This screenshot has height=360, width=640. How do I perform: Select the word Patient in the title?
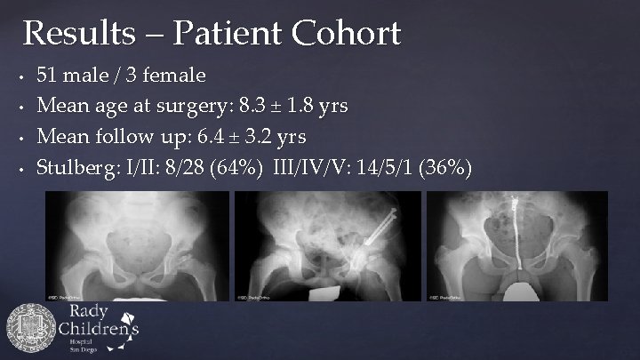pyautogui.click(x=230, y=35)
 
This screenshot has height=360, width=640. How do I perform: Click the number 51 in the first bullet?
pyautogui.click(x=46, y=75)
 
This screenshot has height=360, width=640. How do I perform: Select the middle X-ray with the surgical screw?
pyautogui.click(x=319, y=246)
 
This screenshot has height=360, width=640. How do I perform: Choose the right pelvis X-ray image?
pyautogui.click(x=516, y=246)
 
